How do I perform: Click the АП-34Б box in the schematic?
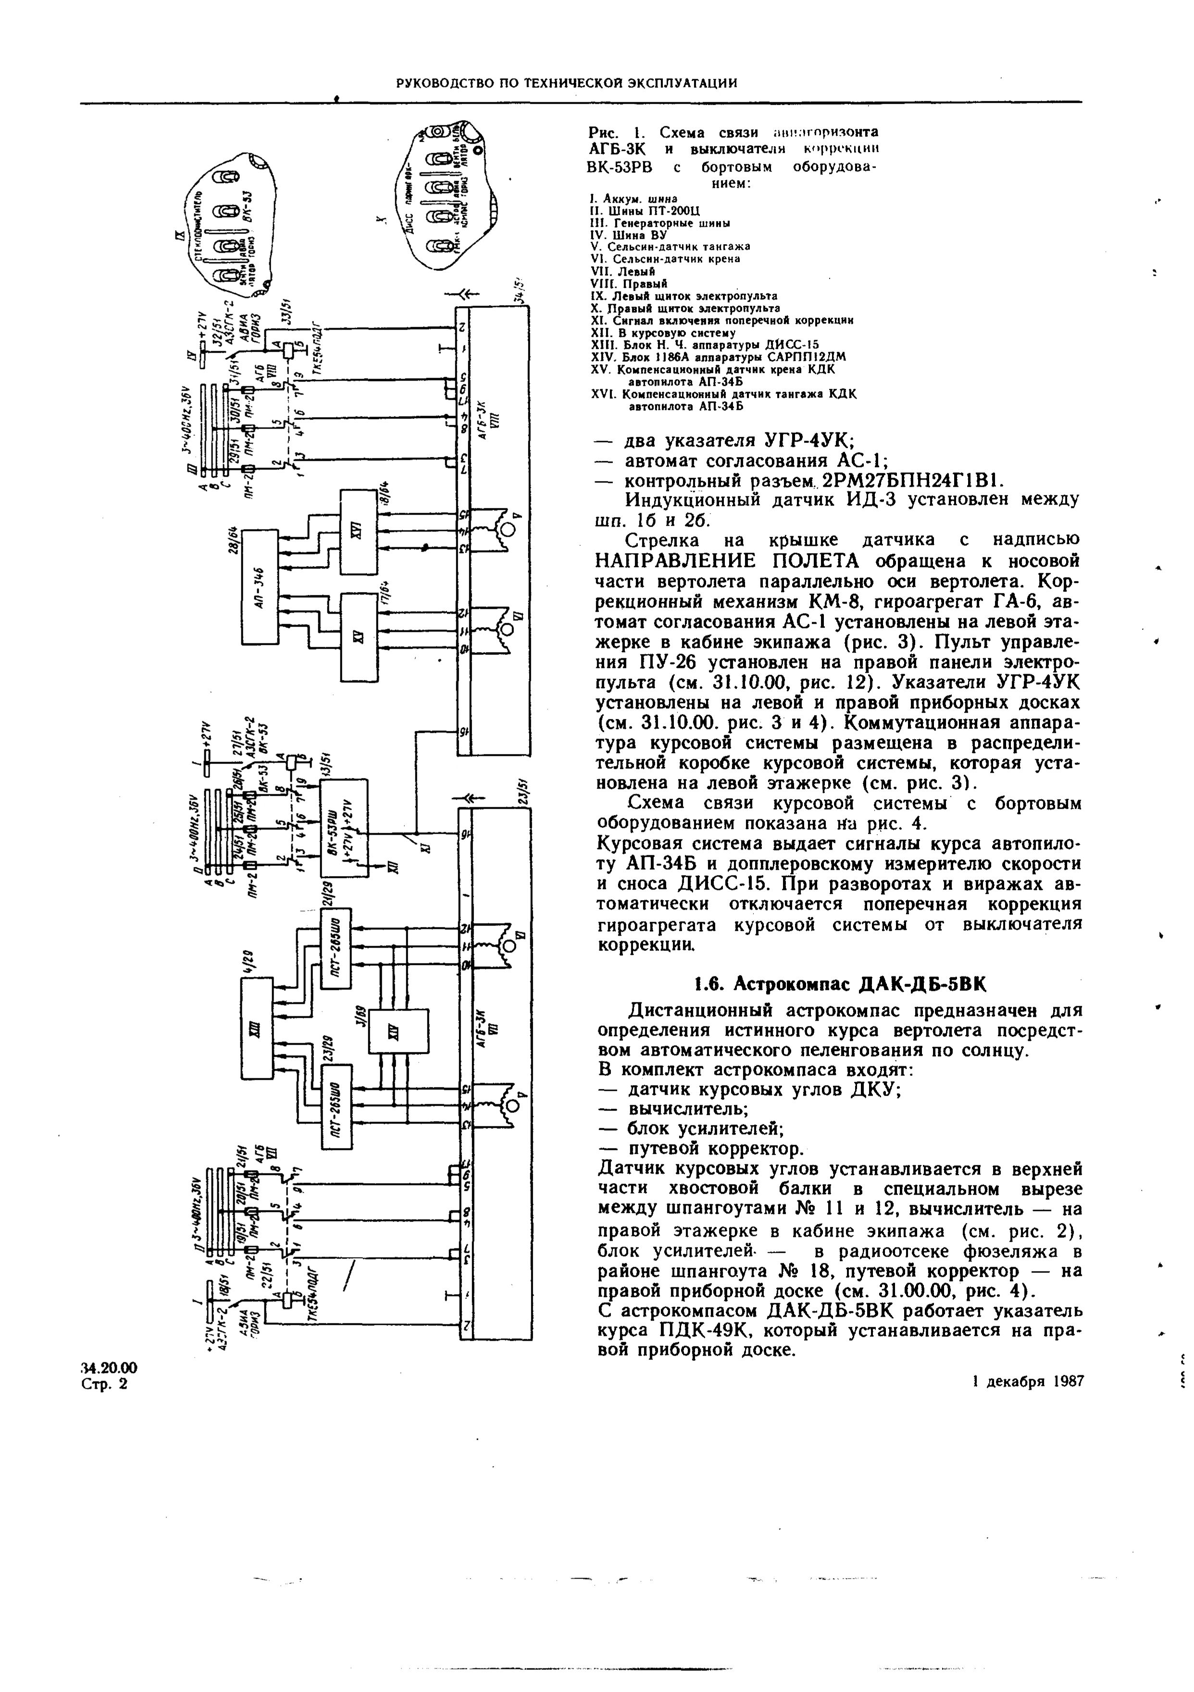260,586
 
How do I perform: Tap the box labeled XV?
358,636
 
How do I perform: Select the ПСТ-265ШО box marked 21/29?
336,947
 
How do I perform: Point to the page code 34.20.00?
109,1368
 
